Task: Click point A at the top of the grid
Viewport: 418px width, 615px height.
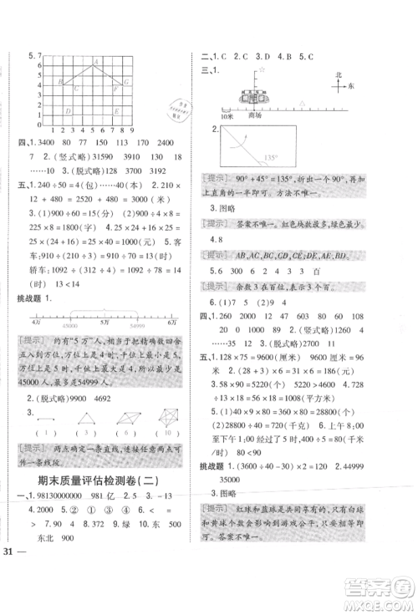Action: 97,61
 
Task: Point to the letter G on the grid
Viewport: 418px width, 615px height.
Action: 126,82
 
